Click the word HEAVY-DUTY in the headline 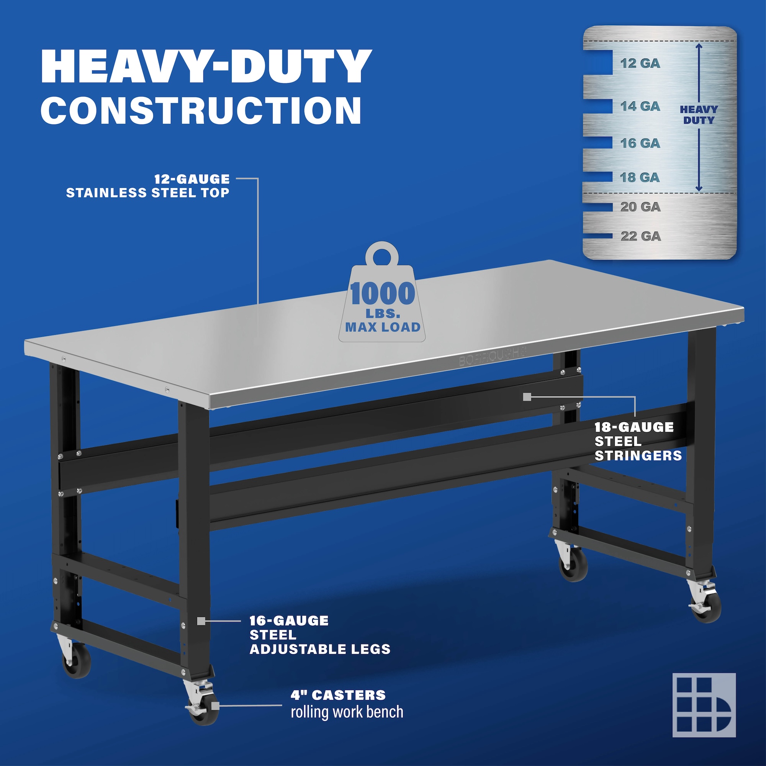coord(206,66)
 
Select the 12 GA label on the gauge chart coord(640,63)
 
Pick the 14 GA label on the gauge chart coord(640,106)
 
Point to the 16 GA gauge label coord(640,143)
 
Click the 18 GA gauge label coord(640,177)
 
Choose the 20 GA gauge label coord(640,206)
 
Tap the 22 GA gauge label coord(641,236)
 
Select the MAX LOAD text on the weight coord(383,327)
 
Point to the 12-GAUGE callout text coord(192,179)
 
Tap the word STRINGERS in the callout coord(638,455)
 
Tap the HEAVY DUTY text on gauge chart coord(699,115)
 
